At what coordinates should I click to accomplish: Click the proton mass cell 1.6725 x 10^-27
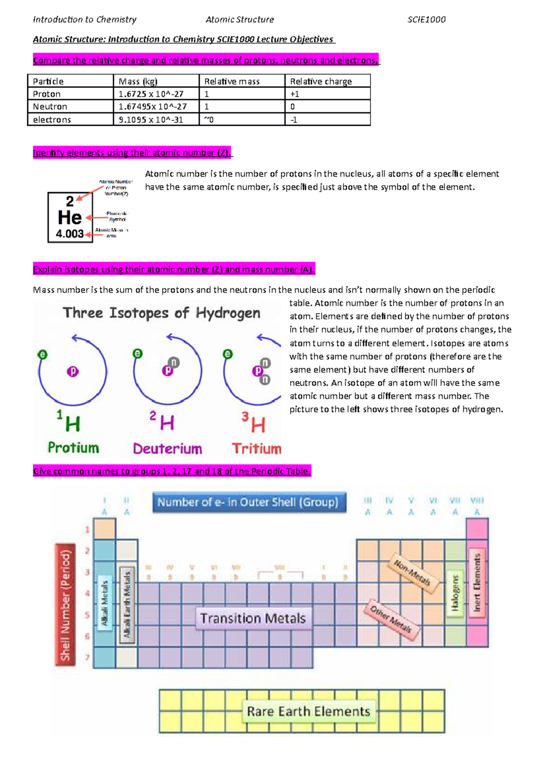click(151, 94)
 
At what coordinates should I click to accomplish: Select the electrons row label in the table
click(52, 120)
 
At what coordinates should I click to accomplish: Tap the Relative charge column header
click(321, 81)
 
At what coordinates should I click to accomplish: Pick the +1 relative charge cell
click(295, 94)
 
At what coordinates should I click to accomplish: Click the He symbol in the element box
click(69, 218)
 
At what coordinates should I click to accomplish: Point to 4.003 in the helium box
click(69, 234)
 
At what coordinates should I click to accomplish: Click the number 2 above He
click(69, 201)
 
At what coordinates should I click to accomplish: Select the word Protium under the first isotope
click(73, 448)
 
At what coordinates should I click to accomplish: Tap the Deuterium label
click(167, 449)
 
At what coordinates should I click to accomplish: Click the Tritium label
click(257, 449)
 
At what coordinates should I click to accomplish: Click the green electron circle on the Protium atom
click(43, 355)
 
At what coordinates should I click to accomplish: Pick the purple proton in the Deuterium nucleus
click(167, 371)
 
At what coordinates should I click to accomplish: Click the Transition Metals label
click(253, 618)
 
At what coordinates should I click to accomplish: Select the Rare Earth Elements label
click(308, 711)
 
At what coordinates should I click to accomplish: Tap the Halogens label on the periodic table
click(455, 593)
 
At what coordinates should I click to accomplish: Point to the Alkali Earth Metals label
click(127, 604)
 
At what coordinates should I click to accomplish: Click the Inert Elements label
click(477, 582)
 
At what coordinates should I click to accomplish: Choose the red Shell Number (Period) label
click(65, 605)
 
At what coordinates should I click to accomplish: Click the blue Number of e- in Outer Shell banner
click(248, 502)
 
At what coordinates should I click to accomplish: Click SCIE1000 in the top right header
click(426, 20)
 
